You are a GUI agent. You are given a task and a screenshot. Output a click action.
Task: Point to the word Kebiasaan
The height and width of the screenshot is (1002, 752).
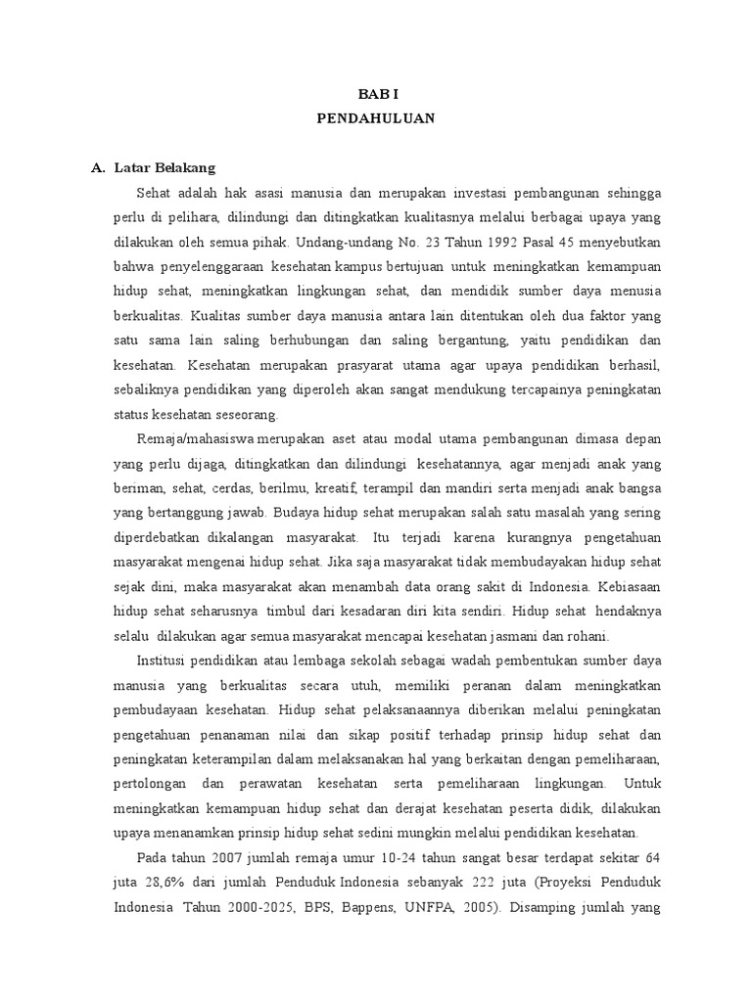627,587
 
